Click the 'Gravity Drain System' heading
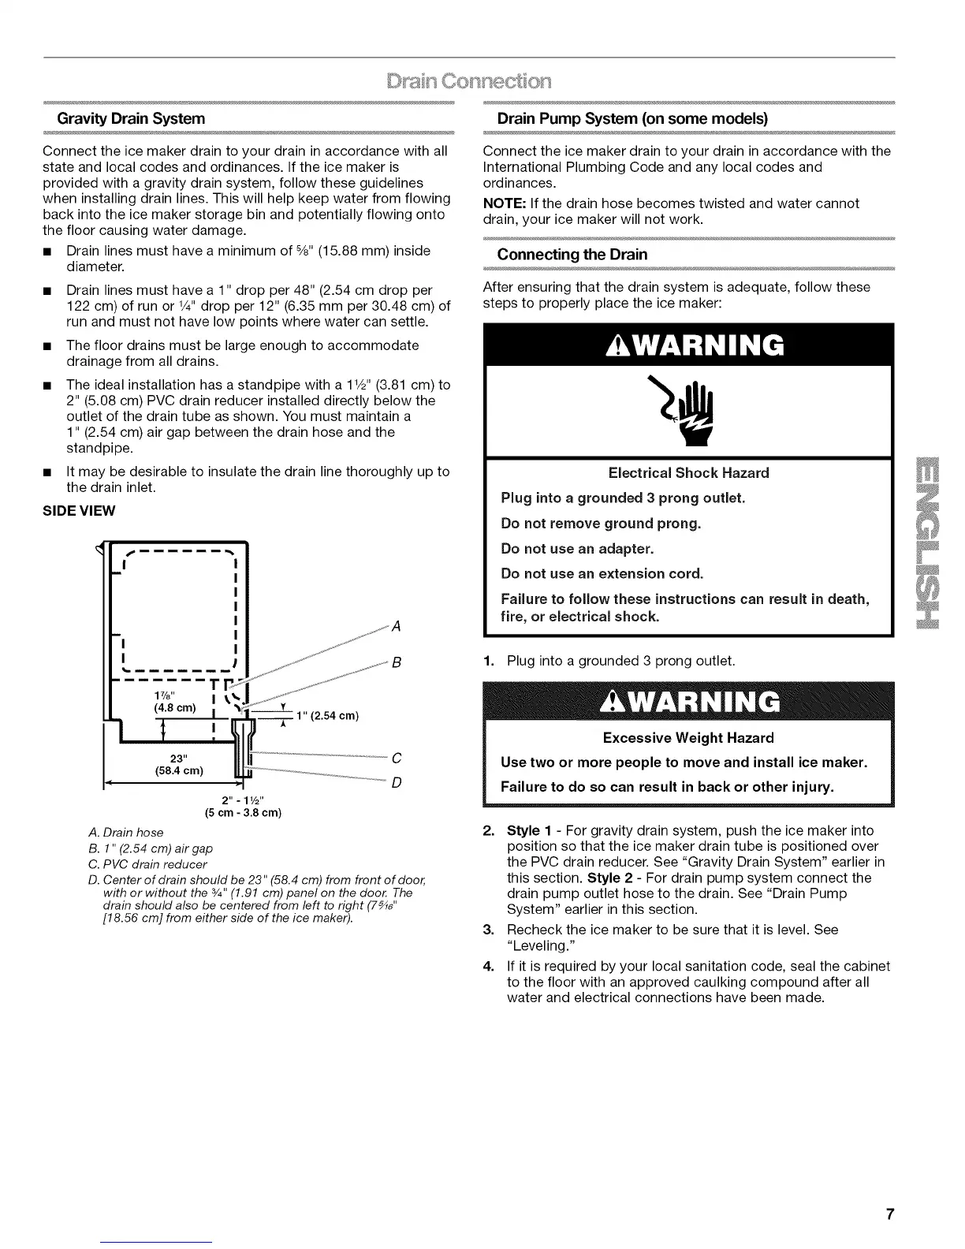pos(130,118)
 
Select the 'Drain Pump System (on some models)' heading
pos(632,118)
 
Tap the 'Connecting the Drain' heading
pos(572,255)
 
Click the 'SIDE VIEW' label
pos(79,511)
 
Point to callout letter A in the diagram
pos(397,627)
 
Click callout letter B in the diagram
pos(397,663)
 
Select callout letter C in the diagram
pos(397,759)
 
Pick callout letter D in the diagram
pos(397,783)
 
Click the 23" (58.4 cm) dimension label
pos(178,764)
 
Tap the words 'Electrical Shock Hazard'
pos(688,473)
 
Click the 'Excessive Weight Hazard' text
pos(688,738)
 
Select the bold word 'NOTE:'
pos(500,203)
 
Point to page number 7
pos(889,1214)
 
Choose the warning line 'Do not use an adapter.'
pos(577,549)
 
